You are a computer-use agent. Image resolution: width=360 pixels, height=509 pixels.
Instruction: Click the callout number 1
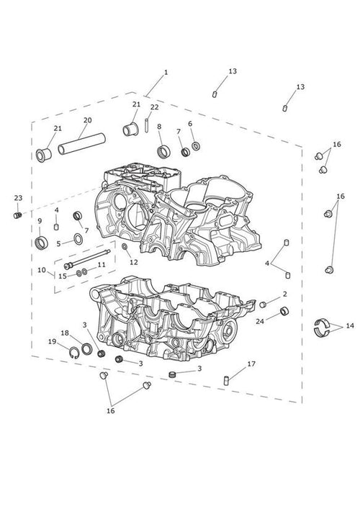click(x=166, y=72)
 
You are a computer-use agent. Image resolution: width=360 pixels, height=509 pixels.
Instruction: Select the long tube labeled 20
click(x=82, y=144)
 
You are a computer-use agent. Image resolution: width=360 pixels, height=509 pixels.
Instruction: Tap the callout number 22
click(x=155, y=107)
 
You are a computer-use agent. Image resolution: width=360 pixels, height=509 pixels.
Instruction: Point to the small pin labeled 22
click(x=147, y=125)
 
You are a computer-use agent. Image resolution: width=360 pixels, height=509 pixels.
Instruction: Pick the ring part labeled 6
click(x=196, y=145)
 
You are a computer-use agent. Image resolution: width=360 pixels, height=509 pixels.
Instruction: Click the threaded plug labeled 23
click(x=18, y=215)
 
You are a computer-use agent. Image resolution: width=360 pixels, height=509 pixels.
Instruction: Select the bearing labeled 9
click(x=41, y=243)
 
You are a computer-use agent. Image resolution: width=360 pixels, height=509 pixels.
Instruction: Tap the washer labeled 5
click(x=78, y=239)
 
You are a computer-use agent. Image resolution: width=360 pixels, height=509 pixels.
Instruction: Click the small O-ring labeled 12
click(x=125, y=248)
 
